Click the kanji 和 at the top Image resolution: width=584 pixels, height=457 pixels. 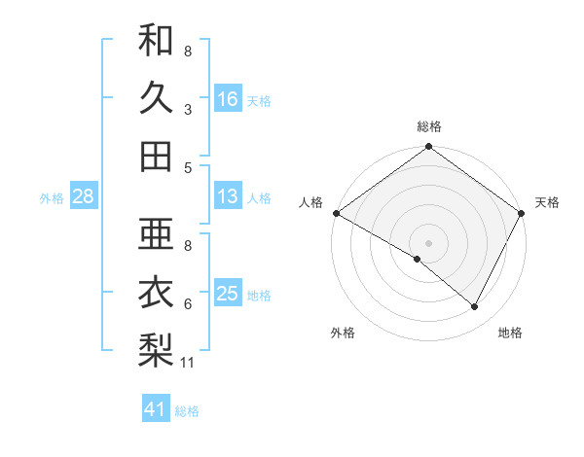(x=156, y=41)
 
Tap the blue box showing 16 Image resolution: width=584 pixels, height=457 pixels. (x=228, y=99)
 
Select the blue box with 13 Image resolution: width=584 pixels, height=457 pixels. (x=228, y=197)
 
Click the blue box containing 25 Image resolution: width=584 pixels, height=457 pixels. (x=228, y=295)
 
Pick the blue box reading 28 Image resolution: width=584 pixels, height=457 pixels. (x=83, y=197)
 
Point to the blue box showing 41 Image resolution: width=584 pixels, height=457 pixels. (x=156, y=410)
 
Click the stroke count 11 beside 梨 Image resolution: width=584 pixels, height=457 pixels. (x=189, y=363)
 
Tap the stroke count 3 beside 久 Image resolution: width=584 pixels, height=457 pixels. (x=188, y=109)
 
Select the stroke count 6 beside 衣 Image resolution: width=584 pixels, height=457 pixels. (x=188, y=303)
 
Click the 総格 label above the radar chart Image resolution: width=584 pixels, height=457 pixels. (x=429, y=127)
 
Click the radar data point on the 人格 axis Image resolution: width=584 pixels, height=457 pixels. (x=336, y=213)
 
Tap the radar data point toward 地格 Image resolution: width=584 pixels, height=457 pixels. (x=475, y=306)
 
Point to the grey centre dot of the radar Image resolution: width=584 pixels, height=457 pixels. (x=429, y=242)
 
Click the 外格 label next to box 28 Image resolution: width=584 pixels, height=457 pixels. (x=52, y=198)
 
